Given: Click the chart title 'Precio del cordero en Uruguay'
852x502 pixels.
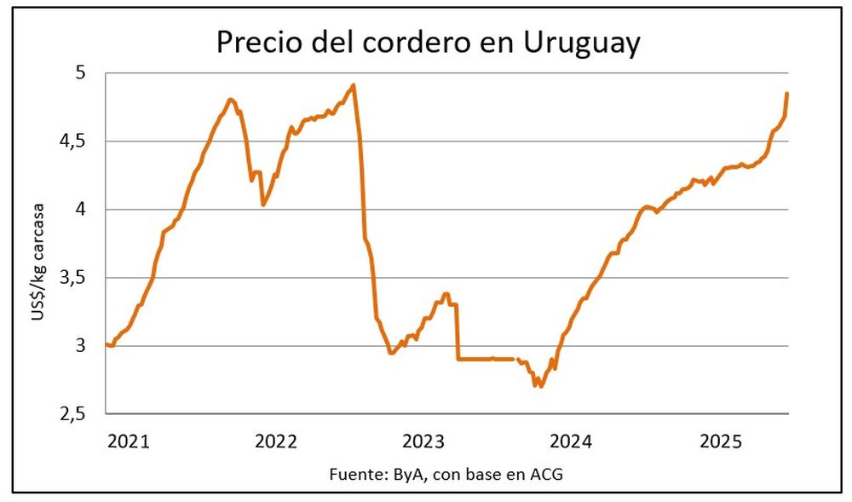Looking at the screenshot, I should point(428,42).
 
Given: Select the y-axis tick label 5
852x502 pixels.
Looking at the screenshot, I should point(80,73).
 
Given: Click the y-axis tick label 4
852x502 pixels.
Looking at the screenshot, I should point(80,210).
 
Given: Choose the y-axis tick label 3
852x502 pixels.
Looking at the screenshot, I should point(80,346).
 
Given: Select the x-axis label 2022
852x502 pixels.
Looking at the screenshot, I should point(275,441).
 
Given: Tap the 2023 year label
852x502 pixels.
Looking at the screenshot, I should point(423,441).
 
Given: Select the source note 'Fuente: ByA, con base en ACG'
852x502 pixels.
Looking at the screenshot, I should point(446,475).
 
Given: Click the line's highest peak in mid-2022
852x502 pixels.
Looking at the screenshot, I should point(354,85).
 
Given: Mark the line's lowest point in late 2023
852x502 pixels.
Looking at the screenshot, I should point(540,386).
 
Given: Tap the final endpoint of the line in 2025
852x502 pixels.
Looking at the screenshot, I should point(787,93).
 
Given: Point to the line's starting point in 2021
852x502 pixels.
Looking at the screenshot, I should point(106,344).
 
